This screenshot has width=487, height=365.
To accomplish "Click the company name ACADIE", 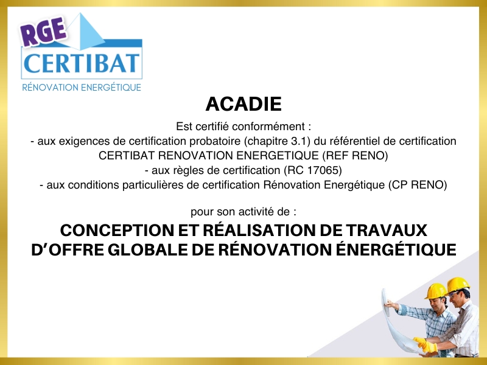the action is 243,103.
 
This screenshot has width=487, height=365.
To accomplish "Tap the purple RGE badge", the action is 44,31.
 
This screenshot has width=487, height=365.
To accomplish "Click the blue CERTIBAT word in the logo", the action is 82,63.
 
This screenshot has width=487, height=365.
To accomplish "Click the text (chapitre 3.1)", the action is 277,141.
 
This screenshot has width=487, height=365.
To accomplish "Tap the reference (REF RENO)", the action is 355,156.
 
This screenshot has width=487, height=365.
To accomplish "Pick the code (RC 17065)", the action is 312,170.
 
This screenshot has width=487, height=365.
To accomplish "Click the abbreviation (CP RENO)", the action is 418,185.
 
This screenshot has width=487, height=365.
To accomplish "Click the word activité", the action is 254,212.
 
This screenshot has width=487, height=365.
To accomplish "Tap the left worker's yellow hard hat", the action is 436,291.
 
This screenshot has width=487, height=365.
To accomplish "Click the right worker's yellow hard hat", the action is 458,285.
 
